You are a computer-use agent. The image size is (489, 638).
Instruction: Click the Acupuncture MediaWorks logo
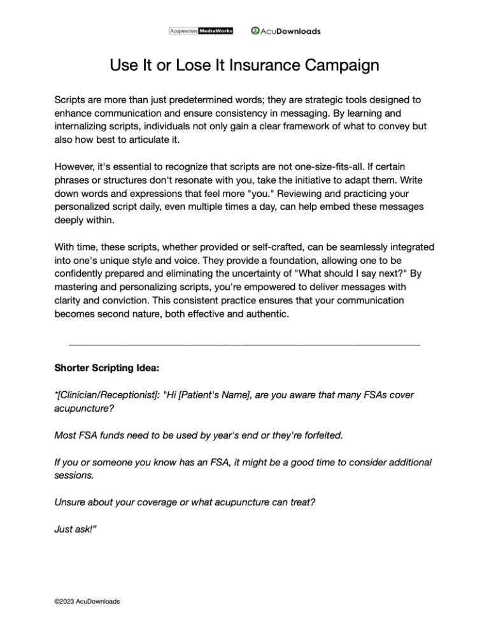pos(201,30)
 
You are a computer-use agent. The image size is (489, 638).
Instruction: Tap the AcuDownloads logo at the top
pos(286,31)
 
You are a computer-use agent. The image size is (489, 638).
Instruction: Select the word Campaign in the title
pos(339,66)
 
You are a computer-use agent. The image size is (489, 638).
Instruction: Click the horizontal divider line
pos(244,345)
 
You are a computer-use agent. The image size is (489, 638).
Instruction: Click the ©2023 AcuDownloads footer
pos(87,601)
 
